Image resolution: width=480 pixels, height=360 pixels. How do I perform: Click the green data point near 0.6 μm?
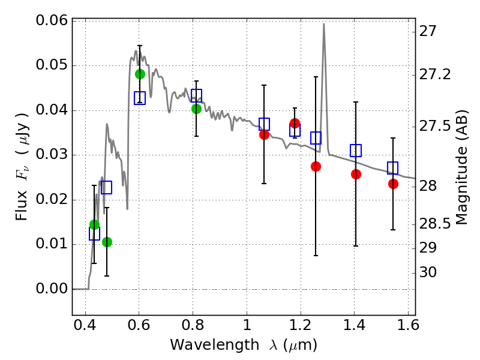[140, 74]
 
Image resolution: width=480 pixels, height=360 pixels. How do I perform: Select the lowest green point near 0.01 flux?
[107, 242]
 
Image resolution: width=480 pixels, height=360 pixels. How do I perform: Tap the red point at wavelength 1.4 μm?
[356, 174]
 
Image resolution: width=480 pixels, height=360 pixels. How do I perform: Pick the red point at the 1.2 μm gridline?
[295, 123]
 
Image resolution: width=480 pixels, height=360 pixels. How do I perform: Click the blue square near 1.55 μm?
[393, 168]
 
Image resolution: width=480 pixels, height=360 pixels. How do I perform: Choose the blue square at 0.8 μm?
[196, 95]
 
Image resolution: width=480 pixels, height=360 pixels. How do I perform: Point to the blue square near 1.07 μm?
[264, 124]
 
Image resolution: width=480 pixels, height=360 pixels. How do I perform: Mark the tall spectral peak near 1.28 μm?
[324, 25]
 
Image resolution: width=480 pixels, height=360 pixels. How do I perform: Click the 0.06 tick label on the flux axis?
[52, 21]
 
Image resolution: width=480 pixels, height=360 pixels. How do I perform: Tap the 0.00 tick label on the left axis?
[52, 289]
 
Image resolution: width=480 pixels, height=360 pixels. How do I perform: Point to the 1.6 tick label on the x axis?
[407, 328]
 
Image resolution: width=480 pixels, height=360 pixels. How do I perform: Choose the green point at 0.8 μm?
[196, 109]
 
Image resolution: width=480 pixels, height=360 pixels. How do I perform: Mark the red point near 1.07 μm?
[264, 134]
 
